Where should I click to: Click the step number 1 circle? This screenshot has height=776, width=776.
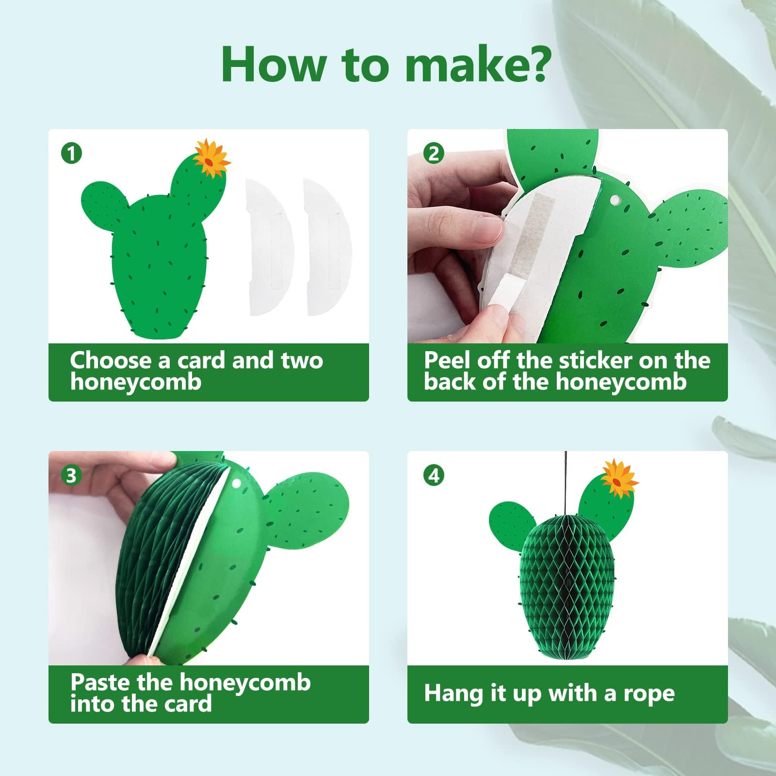pyautogui.click(x=71, y=154)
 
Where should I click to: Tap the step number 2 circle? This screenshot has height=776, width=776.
pyautogui.click(x=434, y=154)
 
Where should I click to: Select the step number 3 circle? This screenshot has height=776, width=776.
pyautogui.click(x=71, y=475)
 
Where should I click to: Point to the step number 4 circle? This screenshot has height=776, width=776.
pyautogui.click(x=434, y=475)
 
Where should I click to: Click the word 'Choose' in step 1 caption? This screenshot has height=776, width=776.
pyautogui.click(x=111, y=360)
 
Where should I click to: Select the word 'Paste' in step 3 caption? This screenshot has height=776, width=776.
pyautogui.click(x=100, y=682)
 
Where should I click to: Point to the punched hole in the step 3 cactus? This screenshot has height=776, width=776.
pyautogui.click(x=237, y=484)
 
